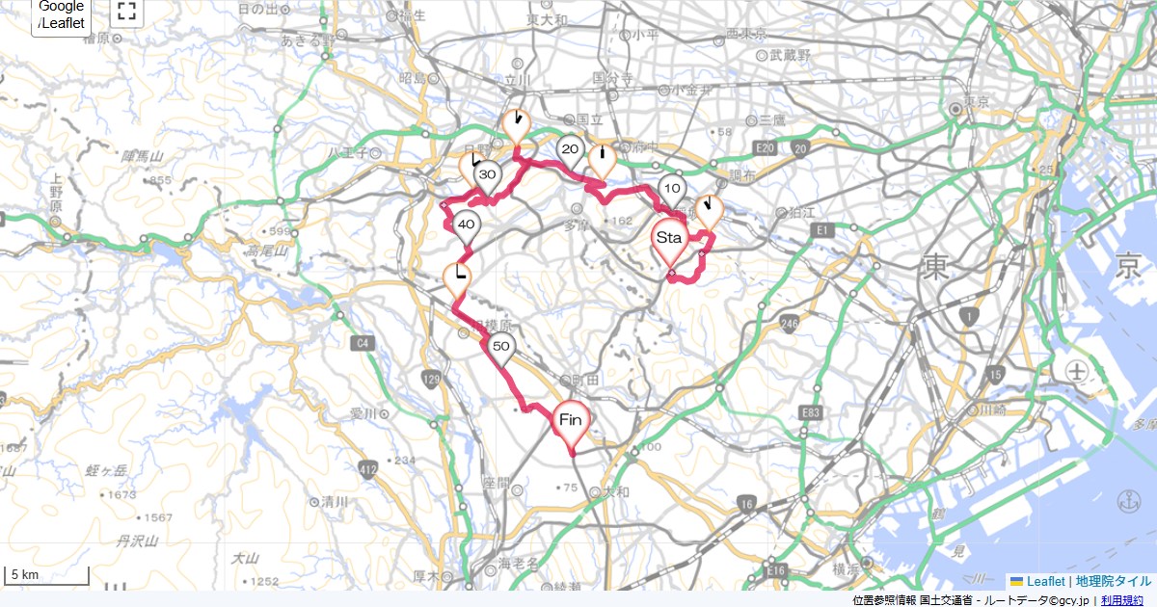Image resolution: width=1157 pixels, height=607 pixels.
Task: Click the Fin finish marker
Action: pos(571,422)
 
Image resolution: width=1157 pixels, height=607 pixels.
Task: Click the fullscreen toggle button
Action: pos(125,12)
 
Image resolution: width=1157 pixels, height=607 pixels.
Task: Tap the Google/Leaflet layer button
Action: pos(62,14)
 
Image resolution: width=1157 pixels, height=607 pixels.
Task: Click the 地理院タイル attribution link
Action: pos(1114,581)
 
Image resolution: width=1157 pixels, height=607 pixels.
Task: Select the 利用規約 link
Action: pos(1122,600)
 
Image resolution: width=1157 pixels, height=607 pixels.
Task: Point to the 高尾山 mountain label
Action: pos(266,251)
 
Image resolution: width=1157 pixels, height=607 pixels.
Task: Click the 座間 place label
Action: pos(498,481)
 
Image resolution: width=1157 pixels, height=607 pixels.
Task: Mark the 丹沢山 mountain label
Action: pos(137,541)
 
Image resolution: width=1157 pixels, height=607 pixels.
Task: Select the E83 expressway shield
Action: pos(811,413)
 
